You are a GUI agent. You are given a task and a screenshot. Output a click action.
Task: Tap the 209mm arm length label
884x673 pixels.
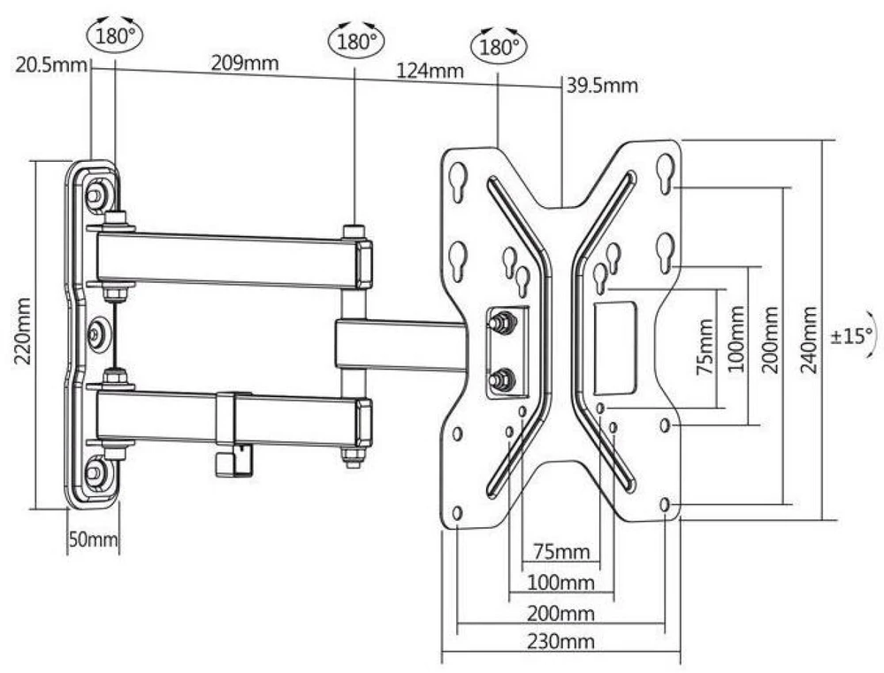coord(245,63)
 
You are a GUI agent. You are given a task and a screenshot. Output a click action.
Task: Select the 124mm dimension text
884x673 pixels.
coord(431,71)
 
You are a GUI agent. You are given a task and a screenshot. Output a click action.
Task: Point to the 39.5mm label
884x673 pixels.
coord(602,86)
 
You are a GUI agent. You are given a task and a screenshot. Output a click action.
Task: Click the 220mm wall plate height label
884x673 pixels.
coord(23,332)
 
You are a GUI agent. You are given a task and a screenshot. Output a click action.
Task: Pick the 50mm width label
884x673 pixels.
coord(93,539)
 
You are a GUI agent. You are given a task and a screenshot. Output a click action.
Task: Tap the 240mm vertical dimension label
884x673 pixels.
coord(809,340)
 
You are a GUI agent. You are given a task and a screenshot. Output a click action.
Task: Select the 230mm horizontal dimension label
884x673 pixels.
coord(560,641)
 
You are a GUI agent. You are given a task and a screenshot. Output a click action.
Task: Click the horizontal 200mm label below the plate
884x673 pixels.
coord(560,613)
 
